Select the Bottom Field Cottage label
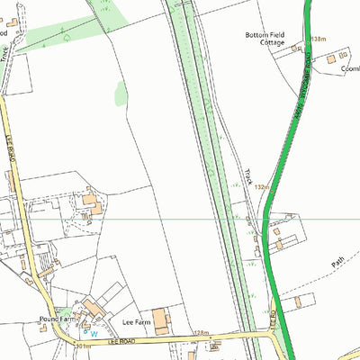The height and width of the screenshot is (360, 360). [265, 40]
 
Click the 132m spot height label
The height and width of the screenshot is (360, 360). [263, 186]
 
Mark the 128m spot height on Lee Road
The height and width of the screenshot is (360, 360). [200, 333]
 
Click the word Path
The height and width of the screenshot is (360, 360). [337, 263]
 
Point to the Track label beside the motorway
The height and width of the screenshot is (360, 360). [248, 175]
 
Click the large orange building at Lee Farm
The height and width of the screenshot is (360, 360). [160, 319]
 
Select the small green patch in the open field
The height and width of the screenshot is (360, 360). [121, 92]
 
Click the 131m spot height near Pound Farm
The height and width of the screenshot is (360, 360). [82, 346]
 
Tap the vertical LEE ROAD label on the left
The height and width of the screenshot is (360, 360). [13, 152]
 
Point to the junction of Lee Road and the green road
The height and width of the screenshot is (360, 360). [274, 334]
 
